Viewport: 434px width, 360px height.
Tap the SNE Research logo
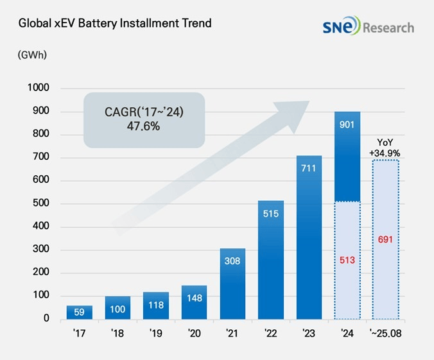(x=369, y=27)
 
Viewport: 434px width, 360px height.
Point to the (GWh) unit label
(x=32, y=55)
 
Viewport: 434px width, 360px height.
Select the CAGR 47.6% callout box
(x=144, y=120)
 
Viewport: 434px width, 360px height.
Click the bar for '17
(x=79, y=313)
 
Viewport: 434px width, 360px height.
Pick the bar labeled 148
(x=194, y=303)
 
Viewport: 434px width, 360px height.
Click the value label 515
(x=271, y=214)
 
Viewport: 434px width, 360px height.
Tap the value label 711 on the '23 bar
(x=309, y=169)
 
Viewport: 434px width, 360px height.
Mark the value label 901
(x=347, y=124)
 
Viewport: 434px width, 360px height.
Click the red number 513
(x=347, y=260)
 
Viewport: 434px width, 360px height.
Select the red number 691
(x=385, y=239)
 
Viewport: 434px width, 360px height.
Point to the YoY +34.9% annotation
(x=385, y=149)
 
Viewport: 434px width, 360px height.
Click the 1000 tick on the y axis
(x=39, y=89)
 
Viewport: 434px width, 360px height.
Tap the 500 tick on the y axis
(x=42, y=204)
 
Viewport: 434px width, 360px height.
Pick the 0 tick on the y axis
(x=47, y=319)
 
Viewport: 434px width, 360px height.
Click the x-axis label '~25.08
(x=385, y=335)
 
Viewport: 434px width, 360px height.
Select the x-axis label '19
(x=156, y=335)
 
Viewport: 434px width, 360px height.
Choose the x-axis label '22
(x=271, y=335)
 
